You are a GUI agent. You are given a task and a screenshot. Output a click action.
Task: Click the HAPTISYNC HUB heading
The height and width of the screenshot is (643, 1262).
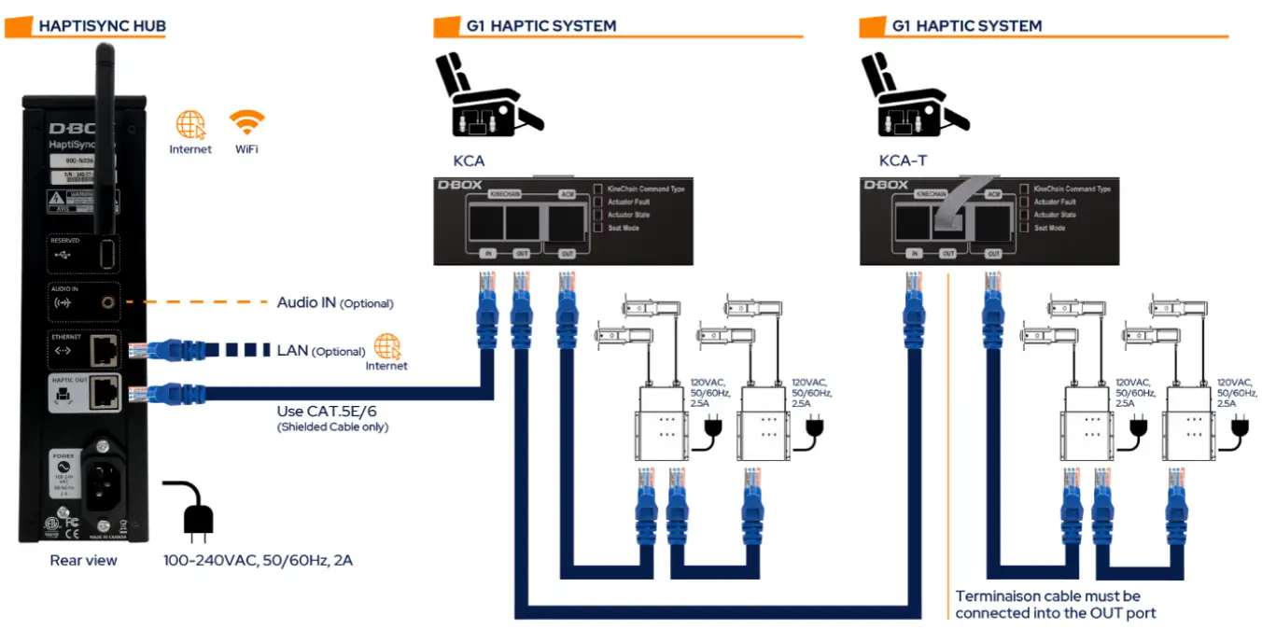coord(102,26)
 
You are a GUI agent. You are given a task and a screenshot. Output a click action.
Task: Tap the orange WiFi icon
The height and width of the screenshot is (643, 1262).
coord(247,123)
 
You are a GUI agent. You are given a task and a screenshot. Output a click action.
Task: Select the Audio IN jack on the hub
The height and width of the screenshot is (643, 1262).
coord(111,302)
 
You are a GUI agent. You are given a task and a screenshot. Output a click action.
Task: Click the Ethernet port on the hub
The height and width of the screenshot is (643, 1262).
coord(105,351)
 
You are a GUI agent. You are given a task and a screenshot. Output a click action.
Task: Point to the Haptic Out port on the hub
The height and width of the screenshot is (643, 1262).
coord(105,395)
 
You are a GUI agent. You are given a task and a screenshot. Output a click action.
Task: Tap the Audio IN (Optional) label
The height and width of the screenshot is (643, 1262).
coord(334,303)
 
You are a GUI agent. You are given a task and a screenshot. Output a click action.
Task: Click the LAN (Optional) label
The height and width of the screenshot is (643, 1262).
coord(320,351)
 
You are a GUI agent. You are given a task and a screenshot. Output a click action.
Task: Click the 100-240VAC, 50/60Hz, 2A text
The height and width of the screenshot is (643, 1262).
coord(258,560)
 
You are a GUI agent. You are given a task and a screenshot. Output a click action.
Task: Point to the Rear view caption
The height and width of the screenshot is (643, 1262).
coord(83,560)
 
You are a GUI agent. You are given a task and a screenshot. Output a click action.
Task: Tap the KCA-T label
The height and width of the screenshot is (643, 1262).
coord(903,161)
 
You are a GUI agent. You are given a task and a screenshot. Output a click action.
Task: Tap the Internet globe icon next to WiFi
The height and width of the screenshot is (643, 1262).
coord(190,125)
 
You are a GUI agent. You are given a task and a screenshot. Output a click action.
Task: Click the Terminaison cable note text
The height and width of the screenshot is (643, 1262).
coord(1047,604)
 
